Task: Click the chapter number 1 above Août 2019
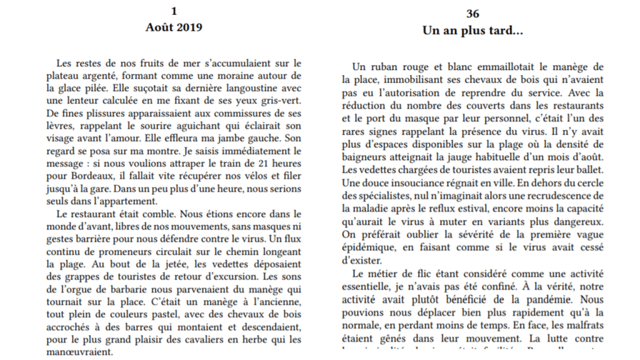(x=174, y=11)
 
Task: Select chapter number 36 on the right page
(x=472, y=14)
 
